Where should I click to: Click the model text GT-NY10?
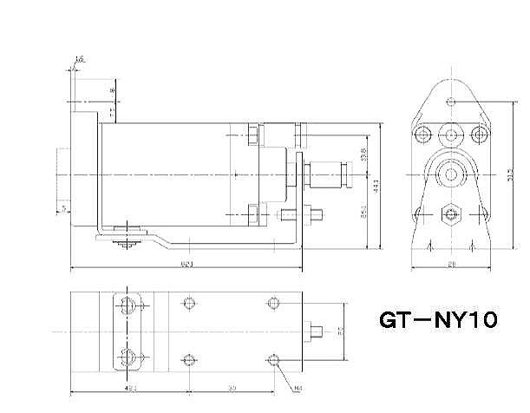click(437, 321)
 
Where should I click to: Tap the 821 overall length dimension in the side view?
click(185, 263)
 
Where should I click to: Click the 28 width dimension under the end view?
click(451, 263)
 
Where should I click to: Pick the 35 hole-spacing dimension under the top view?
click(231, 388)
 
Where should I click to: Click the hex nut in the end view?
click(450, 212)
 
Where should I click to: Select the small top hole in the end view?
click(450, 101)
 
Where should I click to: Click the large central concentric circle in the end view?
click(450, 174)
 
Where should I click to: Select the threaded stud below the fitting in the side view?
click(317, 213)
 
